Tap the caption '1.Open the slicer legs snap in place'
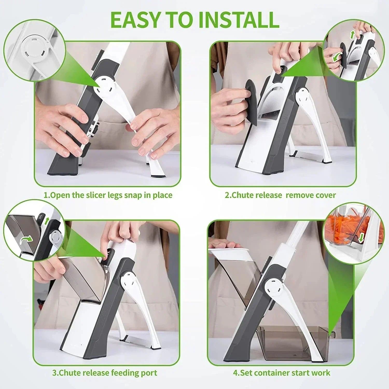point(108,195)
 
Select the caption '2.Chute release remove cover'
point(280,195)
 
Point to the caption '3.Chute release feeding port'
point(105,373)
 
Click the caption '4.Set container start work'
point(282,373)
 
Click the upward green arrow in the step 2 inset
point(352,34)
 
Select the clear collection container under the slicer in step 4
point(293,342)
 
